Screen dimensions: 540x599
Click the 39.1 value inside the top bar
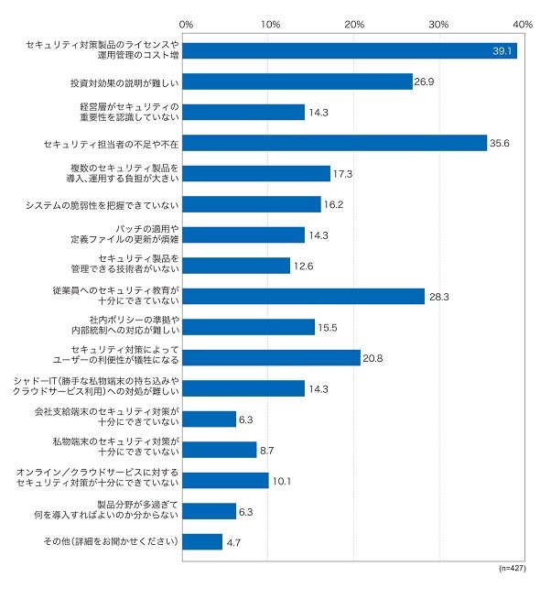[x=502, y=51]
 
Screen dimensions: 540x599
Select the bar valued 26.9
[x=297, y=82]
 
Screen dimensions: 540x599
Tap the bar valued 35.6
[x=335, y=143]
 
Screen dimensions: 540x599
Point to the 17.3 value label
[x=342, y=174]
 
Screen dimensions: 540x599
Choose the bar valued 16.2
[x=252, y=204]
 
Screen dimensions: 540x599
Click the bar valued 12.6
[x=236, y=266]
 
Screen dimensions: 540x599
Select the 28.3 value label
[x=439, y=297]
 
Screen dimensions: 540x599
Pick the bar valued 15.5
[x=248, y=327]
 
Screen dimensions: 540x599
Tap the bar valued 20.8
[x=271, y=358]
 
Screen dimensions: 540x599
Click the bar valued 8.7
[x=220, y=450]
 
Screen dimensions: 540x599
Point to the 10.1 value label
[x=282, y=482]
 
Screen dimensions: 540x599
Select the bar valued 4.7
[x=202, y=542]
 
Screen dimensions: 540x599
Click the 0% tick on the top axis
[x=186, y=25]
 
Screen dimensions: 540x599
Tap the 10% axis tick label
[x=270, y=25]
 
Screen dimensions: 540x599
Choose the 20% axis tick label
[x=354, y=25]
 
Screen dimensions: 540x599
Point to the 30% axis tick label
[x=438, y=25]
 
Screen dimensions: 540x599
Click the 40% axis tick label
[x=523, y=25]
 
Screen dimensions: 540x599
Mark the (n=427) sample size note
[x=513, y=568]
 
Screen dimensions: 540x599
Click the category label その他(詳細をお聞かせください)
[x=111, y=541]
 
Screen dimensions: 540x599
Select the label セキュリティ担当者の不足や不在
[x=111, y=144]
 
